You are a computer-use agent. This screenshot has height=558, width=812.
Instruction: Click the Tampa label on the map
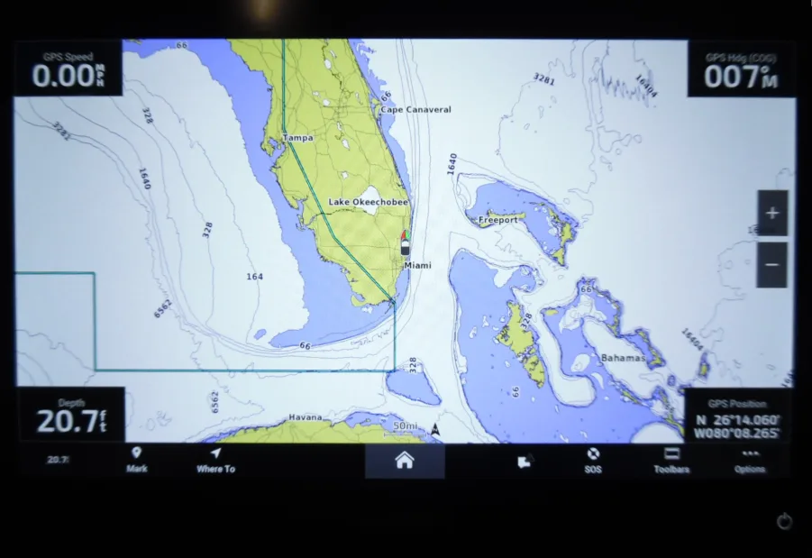click(297, 138)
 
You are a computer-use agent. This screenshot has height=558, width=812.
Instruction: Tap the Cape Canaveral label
click(415, 110)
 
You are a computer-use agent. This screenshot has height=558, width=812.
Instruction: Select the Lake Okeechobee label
click(368, 203)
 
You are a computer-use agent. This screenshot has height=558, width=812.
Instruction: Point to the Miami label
click(417, 266)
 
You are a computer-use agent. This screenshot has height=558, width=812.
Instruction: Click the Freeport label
click(497, 220)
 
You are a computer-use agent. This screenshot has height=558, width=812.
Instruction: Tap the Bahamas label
click(623, 358)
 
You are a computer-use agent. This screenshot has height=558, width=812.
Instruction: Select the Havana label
click(305, 417)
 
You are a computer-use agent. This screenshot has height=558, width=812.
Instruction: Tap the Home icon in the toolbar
click(404, 461)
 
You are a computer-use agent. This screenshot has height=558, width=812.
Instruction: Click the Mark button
click(137, 460)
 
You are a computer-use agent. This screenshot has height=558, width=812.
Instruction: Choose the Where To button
click(215, 460)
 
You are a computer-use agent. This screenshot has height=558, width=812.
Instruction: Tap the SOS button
click(593, 460)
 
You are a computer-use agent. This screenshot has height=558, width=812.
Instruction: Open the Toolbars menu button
click(671, 460)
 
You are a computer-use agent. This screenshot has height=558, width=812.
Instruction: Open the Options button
click(749, 460)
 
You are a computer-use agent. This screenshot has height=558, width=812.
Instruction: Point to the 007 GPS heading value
click(730, 77)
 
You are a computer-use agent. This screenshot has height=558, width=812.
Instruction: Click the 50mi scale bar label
click(406, 426)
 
